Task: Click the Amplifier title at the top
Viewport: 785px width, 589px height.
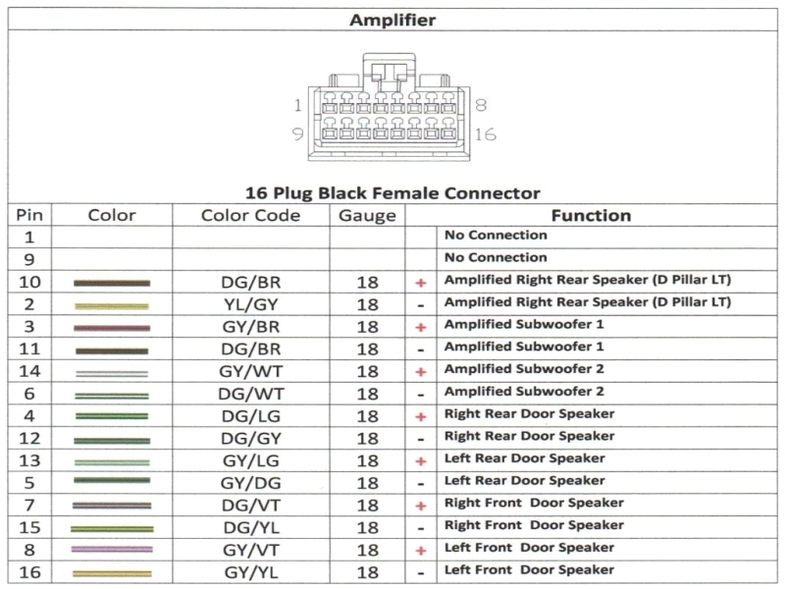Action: pyautogui.click(x=392, y=20)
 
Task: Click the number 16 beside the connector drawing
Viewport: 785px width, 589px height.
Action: pyautogui.click(x=486, y=134)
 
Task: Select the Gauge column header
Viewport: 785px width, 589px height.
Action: pyautogui.click(x=367, y=215)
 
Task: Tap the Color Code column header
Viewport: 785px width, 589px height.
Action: pyautogui.click(x=250, y=215)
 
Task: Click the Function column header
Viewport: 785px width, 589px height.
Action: pyautogui.click(x=591, y=215)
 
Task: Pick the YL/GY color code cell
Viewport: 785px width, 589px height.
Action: pyautogui.click(x=250, y=304)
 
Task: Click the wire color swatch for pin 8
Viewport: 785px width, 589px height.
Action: pyautogui.click(x=112, y=550)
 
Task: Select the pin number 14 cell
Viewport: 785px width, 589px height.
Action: pyautogui.click(x=29, y=371)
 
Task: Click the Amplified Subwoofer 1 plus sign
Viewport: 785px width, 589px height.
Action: pyautogui.click(x=421, y=326)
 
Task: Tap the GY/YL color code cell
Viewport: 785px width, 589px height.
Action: pyautogui.click(x=250, y=572)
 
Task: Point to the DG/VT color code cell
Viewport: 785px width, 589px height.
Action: pyautogui.click(x=250, y=506)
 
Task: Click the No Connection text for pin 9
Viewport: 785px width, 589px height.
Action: pyautogui.click(x=496, y=257)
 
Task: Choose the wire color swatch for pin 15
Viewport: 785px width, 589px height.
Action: pyautogui.click(x=112, y=528)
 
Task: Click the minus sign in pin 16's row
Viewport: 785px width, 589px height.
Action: pyautogui.click(x=421, y=572)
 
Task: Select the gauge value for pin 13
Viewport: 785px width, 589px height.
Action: pyautogui.click(x=367, y=460)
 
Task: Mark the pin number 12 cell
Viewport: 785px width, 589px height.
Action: pyautogui.click(x=29, y=438)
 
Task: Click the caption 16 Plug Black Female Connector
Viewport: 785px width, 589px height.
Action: pyautogui.click(x=392, y=193)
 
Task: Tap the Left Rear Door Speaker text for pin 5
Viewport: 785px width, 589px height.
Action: pyautogui.click(x=524, y=481)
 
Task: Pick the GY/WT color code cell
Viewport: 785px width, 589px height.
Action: pyautogui.click(x=250, y=371)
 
